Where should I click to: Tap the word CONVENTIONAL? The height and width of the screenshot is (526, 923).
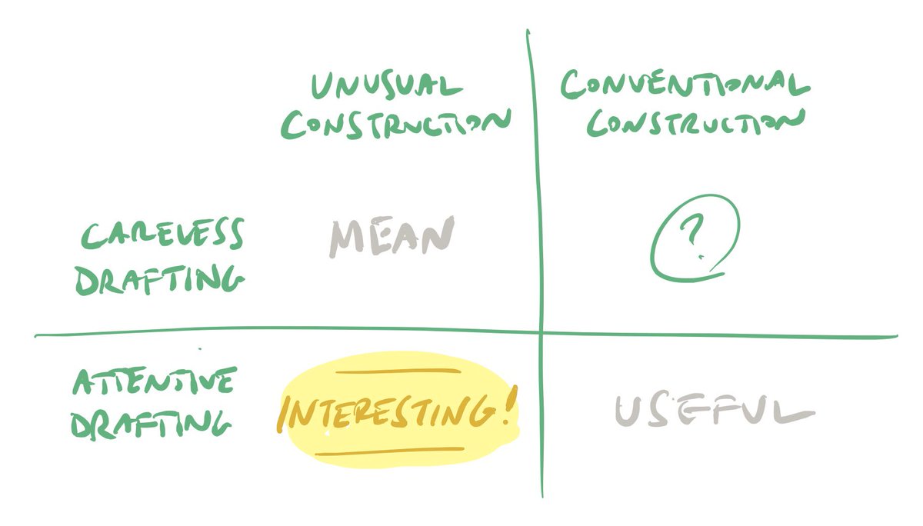point(685,84)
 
